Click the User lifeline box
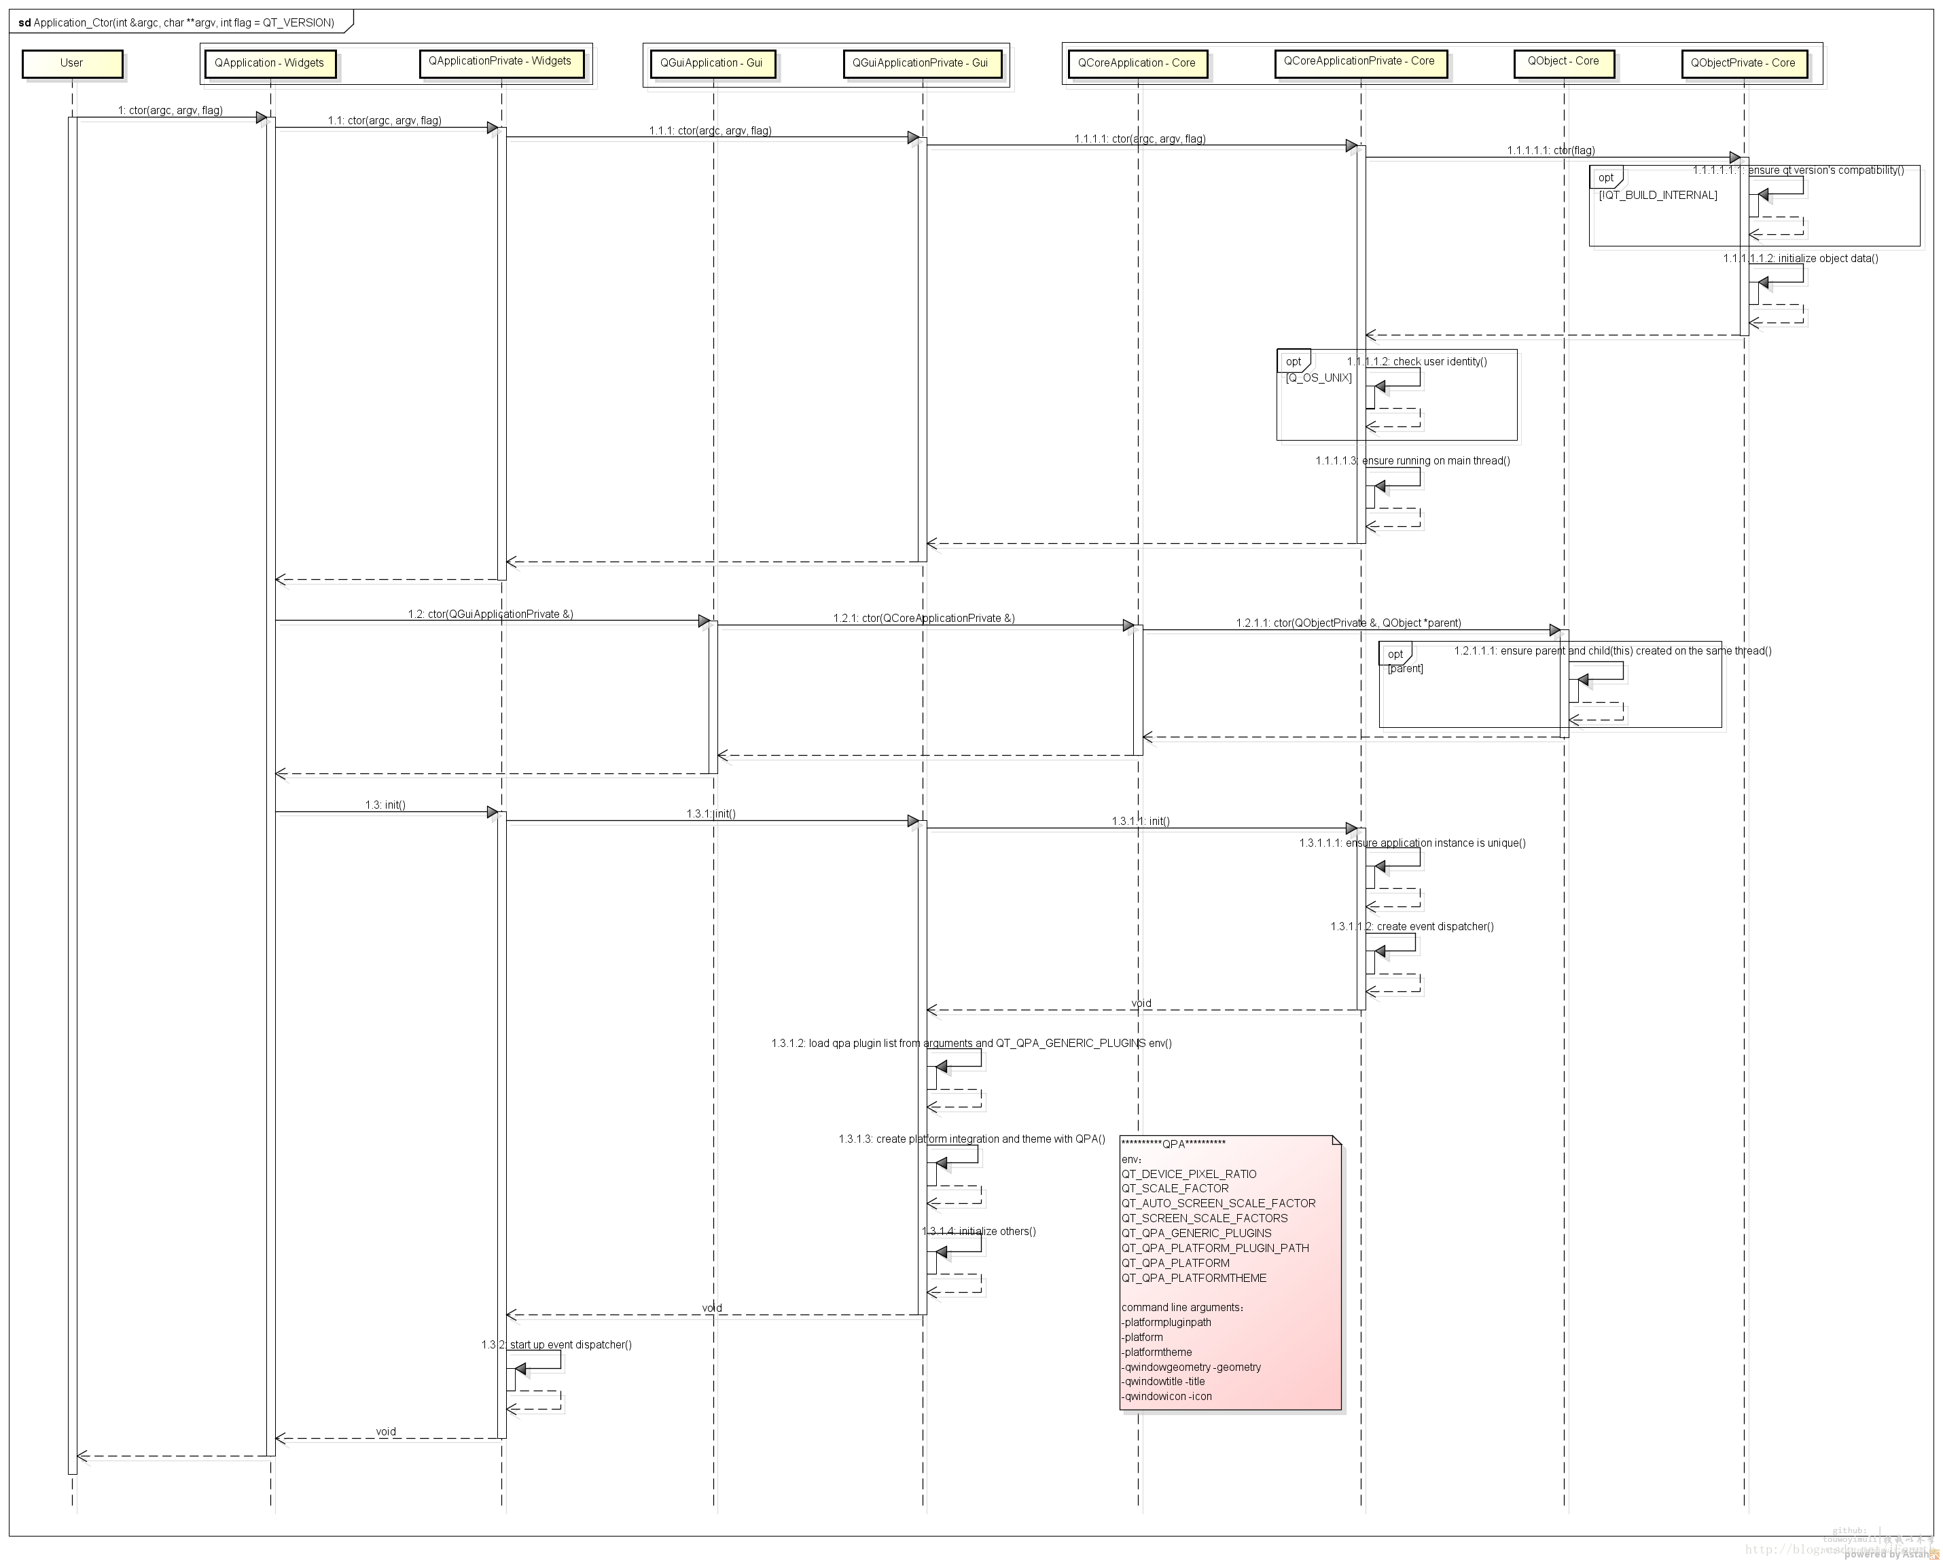point(71,64)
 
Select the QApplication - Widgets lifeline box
point(270,64)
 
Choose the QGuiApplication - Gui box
point(711,64)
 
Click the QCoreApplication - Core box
point(1137,64)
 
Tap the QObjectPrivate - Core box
point(1743,64)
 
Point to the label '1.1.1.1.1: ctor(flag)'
point(1551,151)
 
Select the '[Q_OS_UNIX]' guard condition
point(1319,378)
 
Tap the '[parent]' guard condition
point(1405,668)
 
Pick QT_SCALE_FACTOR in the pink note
point(1174,1188)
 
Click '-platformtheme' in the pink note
point(1157,1353)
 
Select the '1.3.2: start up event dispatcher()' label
point(556,1345)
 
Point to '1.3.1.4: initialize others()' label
point(979,1232)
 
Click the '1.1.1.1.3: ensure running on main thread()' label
point(1412,461)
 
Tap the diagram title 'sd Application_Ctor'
point(177,22)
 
